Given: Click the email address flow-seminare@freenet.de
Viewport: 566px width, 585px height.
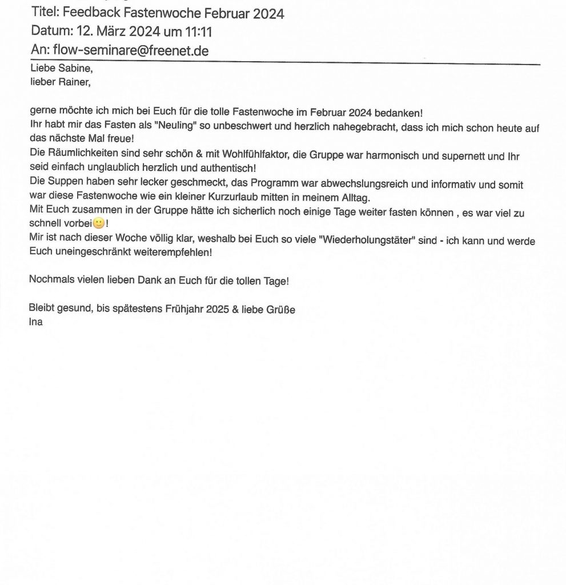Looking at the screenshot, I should (x=131, y=51).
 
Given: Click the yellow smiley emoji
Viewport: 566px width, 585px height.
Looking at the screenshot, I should (x=98, y=224).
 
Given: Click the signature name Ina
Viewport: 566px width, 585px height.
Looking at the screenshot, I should (x=35, y=322).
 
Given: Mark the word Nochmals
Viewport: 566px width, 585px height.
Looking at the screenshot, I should (x=50, y=281).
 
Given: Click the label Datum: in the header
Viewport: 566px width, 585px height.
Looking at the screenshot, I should (x=50, y=31).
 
